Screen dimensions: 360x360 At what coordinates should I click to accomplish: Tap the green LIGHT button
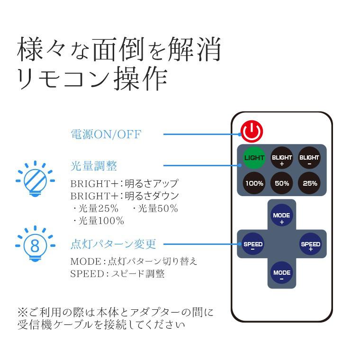254,158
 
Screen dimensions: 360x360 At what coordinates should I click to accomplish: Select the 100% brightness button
254,183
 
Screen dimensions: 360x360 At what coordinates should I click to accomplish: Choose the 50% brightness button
282,183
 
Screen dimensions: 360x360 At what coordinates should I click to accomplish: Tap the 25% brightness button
310,183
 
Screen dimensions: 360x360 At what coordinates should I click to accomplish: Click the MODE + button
281,218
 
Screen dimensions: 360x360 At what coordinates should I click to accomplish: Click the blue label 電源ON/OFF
106,135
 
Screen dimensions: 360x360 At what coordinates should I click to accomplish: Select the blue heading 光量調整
94,166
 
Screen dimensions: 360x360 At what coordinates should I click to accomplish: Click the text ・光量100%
98,221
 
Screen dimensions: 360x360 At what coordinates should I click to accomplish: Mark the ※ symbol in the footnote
22,313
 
